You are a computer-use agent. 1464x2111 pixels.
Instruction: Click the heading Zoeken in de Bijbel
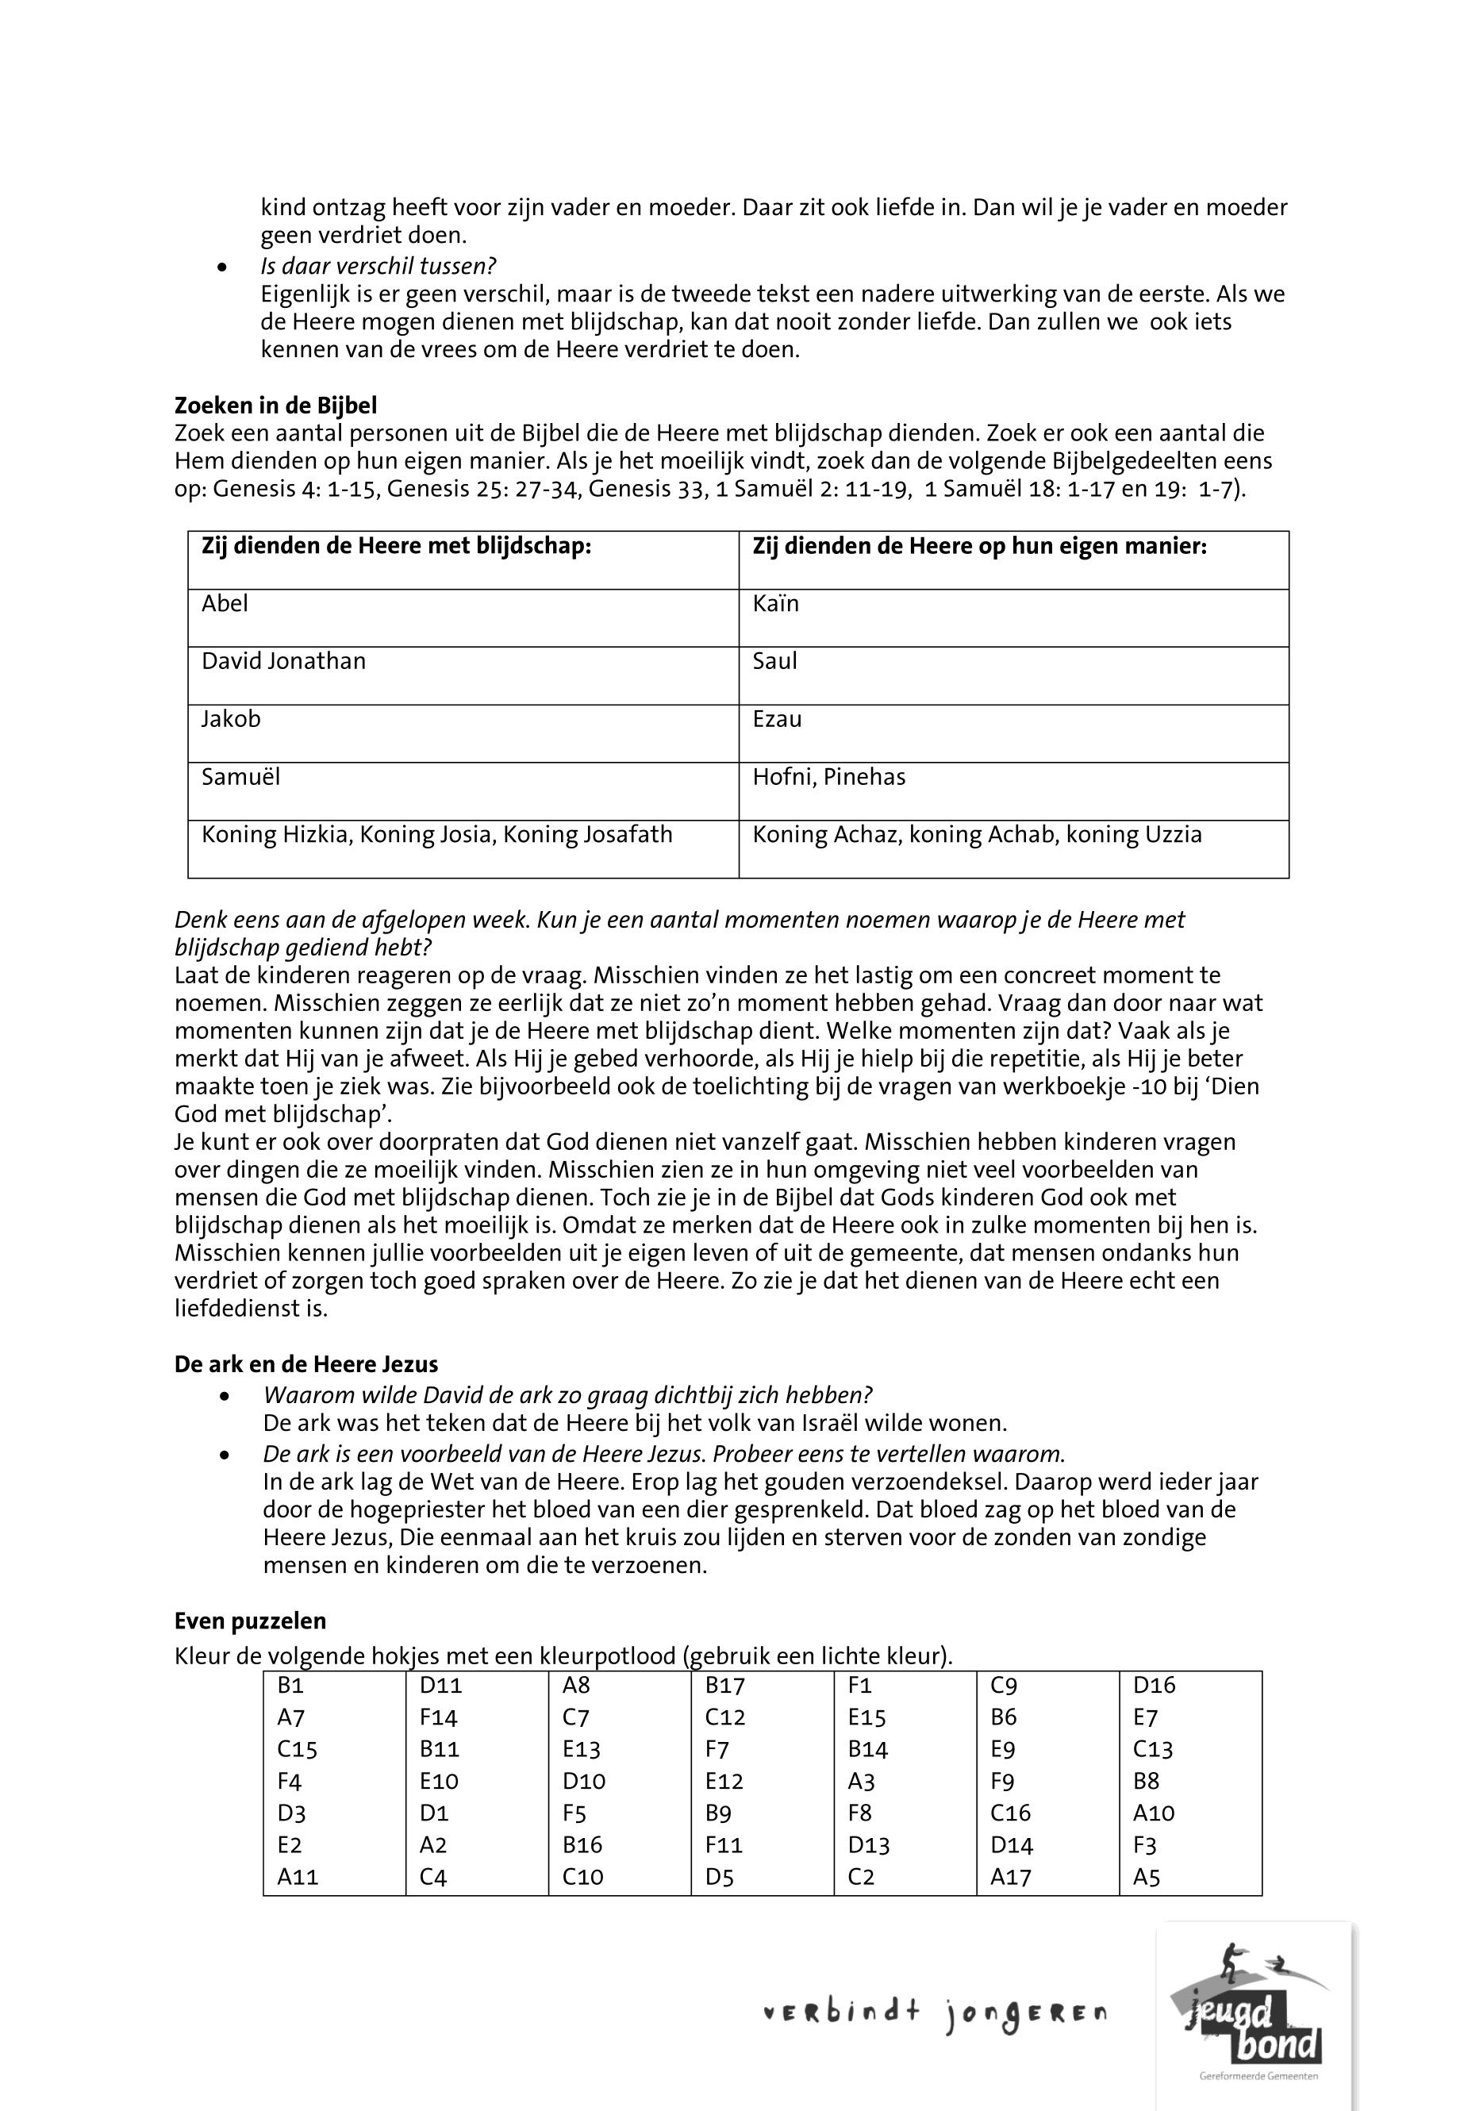click(x=275, y=406)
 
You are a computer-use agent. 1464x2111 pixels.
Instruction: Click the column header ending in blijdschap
click(x=396, y=547)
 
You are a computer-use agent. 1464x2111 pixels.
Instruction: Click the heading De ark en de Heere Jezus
click(x=306, y=1364)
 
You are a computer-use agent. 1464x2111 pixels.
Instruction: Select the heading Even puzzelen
click(x=251, y=1621)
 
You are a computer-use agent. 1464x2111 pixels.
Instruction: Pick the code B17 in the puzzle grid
click(x=724, y=1686)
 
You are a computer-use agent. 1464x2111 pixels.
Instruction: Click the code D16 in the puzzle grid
click(x=1154, y=1686)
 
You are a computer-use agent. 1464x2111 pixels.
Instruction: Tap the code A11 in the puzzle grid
click(x=298, y=1877)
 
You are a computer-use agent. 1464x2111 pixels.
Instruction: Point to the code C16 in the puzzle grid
click(x=1010, y=1813)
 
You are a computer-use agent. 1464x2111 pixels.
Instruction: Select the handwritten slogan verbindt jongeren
click(x=935, y=2013)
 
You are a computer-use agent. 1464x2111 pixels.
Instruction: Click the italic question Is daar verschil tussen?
click(x=378, y=266)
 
